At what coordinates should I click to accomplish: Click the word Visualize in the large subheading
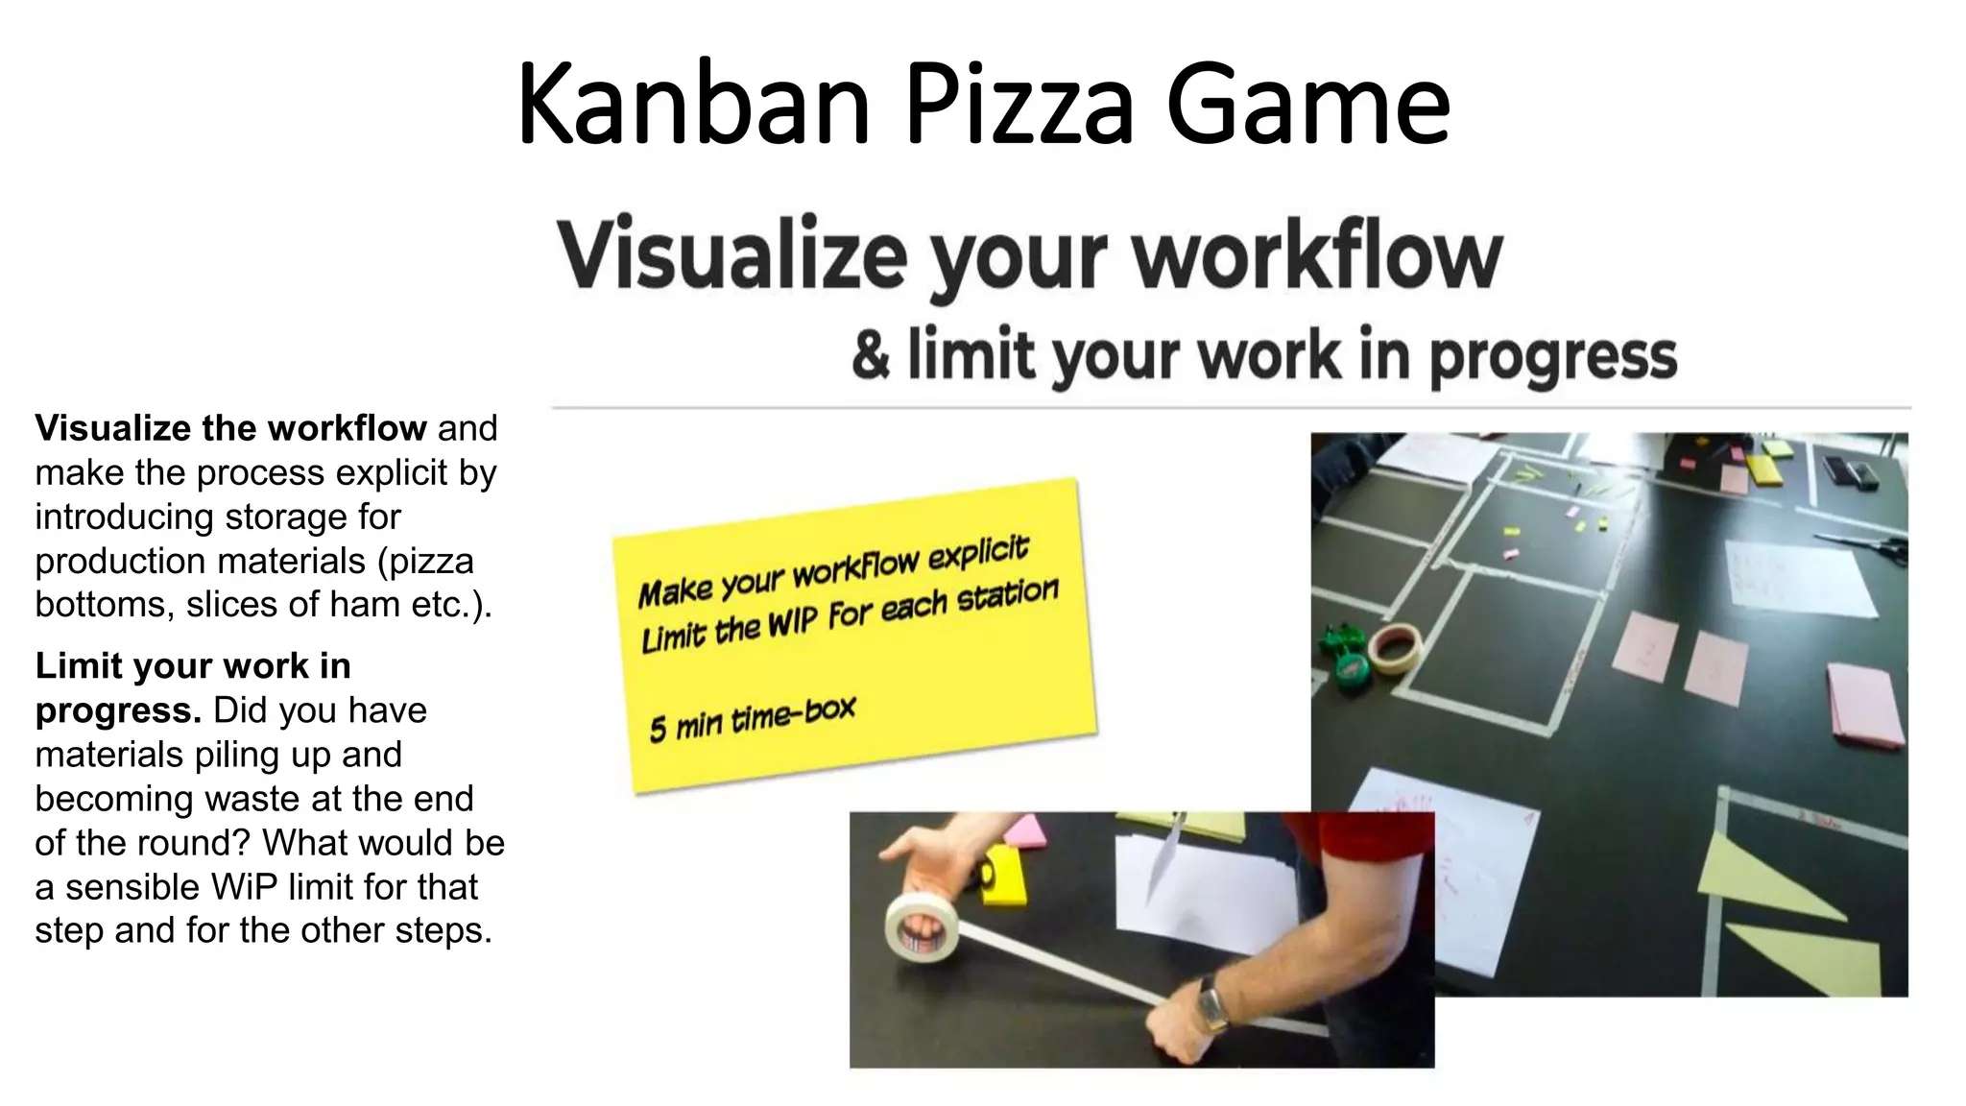(731, 255)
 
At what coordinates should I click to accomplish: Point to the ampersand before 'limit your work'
(871, 355)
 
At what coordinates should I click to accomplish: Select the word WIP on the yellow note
(792, 625)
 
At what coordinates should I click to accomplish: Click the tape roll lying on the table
(1395, 648)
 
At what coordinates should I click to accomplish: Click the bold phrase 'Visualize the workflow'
(230, 428)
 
